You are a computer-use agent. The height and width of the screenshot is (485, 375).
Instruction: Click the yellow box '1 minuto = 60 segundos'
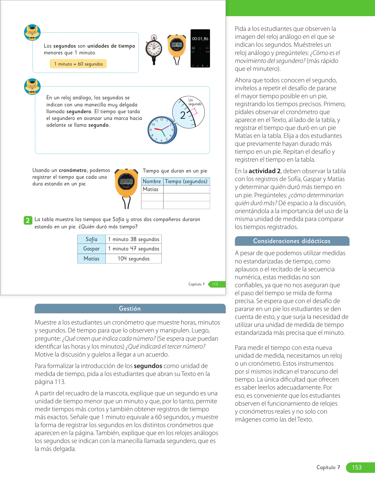click(78, 64)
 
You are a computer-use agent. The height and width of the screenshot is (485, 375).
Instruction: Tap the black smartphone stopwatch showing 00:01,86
click(200, 48)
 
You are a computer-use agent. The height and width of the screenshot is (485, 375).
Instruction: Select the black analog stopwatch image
click(154, 49)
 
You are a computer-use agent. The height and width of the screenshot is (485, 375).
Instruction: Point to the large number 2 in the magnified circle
click(183, 115)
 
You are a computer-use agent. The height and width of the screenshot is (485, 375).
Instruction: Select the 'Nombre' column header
click(152, 181)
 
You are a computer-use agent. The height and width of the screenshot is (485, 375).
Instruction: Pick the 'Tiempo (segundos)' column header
click(186, 181)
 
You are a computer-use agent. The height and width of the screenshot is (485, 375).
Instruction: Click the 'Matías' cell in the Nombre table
click(151, 189)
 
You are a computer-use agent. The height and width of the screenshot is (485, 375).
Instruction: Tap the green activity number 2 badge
click(28, 220)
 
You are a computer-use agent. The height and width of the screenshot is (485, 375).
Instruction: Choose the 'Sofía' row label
click(91, 239)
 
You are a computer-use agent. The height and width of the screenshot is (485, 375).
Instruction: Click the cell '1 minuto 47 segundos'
click(134, 249)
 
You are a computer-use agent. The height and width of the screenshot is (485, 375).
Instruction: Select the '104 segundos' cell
click(134, 259)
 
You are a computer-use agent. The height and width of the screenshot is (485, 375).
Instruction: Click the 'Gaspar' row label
click(91, 249)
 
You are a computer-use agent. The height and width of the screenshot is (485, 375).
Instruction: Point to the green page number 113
click(215, 284)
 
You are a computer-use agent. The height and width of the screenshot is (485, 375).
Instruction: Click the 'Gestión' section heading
click(130, 309)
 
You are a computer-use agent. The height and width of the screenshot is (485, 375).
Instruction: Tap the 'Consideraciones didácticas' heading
click(292, 241)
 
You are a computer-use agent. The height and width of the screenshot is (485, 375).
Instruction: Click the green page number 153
click(357, 467)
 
